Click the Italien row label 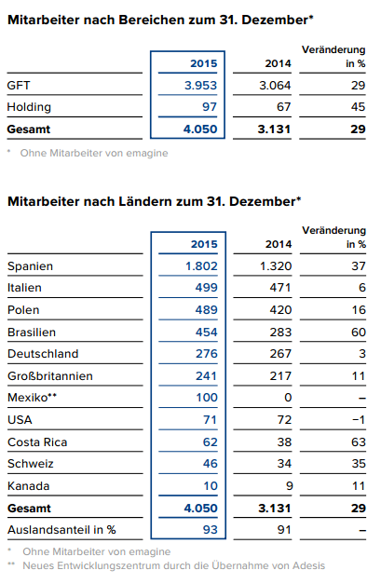[x=24, y=288]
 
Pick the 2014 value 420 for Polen [x=278, y=310]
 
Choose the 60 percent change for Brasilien [x=357, y=332]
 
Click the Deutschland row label [x=42, y=354]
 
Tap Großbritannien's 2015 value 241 [x=205, y=375]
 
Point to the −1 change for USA [x=357, y=419]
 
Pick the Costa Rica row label [x=34, y=441]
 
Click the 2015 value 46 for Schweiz [x=209, y=463]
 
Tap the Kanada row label [x=27, y=485]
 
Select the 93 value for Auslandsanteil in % [x=209, y=529]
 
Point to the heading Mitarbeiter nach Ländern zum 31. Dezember [x=154, y=200]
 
